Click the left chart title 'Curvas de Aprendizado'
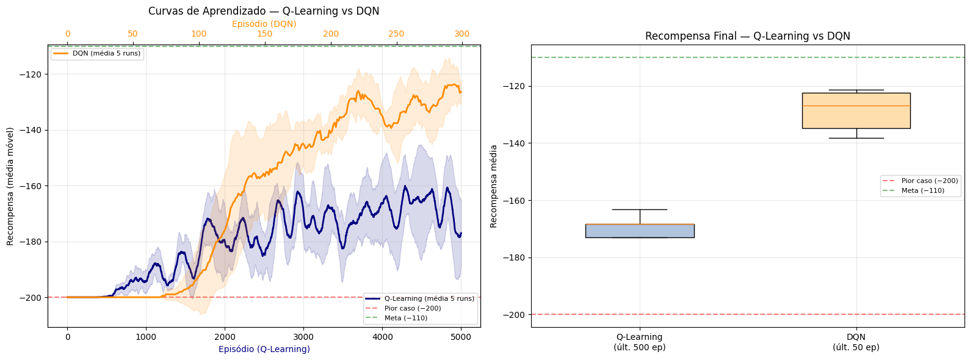(x=264, y=11)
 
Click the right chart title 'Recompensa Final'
(x=747, y=36)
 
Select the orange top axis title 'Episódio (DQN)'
(x=264, y=24)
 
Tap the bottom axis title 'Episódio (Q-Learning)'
(x=264, y=349)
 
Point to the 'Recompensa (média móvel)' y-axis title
(x=10, y=186)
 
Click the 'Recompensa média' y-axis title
(x=494, y=186)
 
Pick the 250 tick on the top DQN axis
(x=396, y=34)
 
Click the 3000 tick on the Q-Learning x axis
(x=303, y=337)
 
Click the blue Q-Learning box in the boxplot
(x=640, y=231)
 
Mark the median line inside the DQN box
(x=856, y=106)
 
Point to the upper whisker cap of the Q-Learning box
(x=640, y=209)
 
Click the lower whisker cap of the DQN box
(x=856, y=138)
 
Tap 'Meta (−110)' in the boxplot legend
(x=922, y=190)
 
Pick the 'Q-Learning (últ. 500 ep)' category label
(x=639, y=342)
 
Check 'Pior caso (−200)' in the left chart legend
(x=412, y=308)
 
